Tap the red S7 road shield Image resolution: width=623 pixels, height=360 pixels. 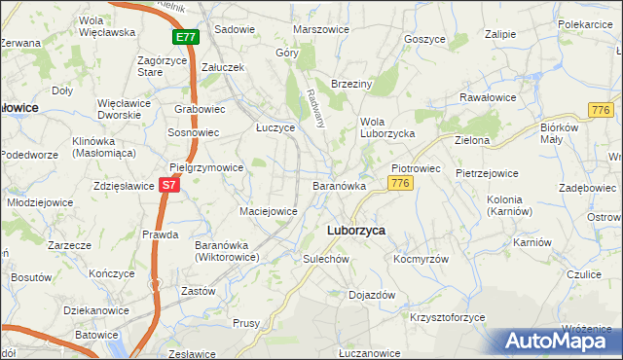click(x=169, y=183)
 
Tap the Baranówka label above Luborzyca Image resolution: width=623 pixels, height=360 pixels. click(x=339, y=185)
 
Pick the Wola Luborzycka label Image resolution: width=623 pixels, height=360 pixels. click(x=387, y=126)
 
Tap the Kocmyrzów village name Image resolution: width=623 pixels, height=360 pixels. click(x=421, y=260)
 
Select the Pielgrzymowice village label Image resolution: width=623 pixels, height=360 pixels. click(x=206, y=167)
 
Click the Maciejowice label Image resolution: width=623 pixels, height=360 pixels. click(x=268, y=210)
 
